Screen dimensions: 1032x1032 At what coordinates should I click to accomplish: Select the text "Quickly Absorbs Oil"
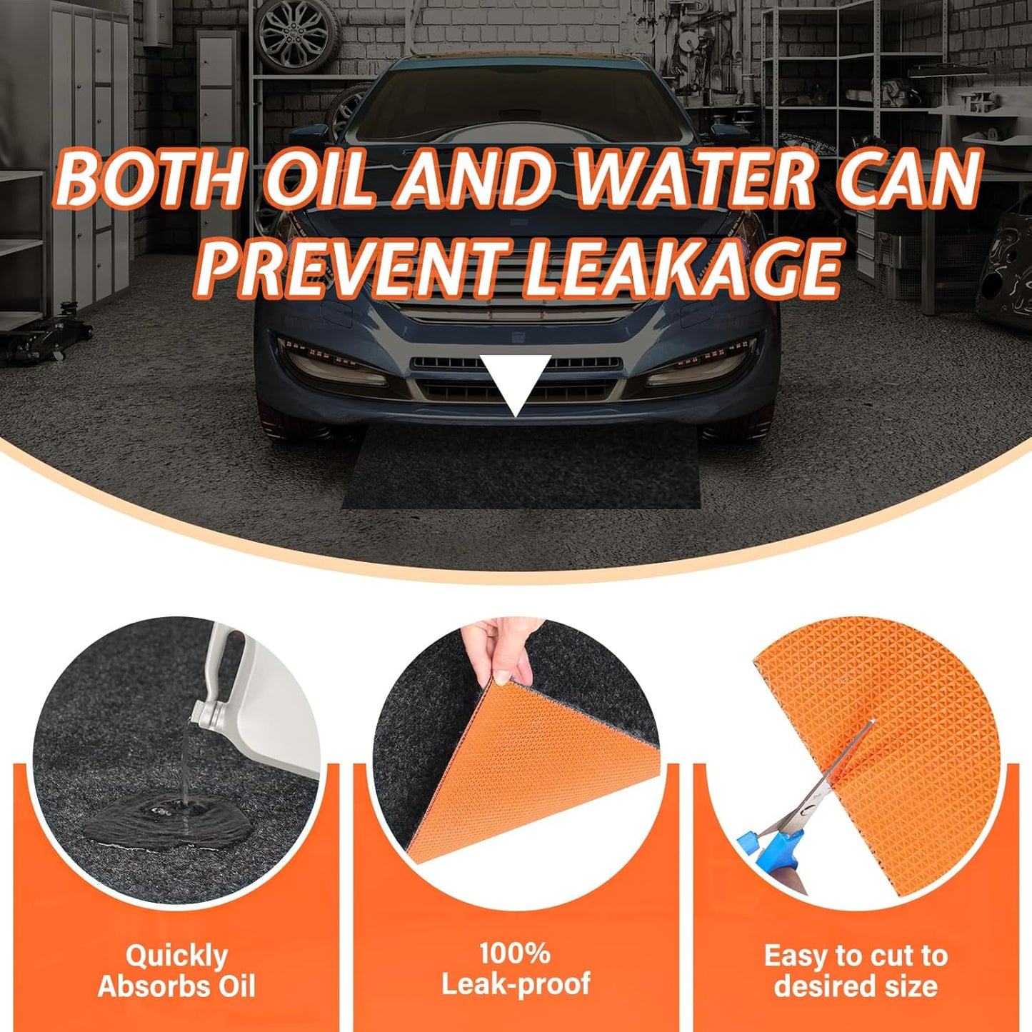[x=176, y=971]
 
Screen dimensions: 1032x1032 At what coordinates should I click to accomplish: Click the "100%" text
[x=515, y=953]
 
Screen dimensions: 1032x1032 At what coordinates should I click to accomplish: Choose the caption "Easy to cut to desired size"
[x=856, y=971]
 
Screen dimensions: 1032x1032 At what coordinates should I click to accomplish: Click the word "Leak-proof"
[x=515, y=985]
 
